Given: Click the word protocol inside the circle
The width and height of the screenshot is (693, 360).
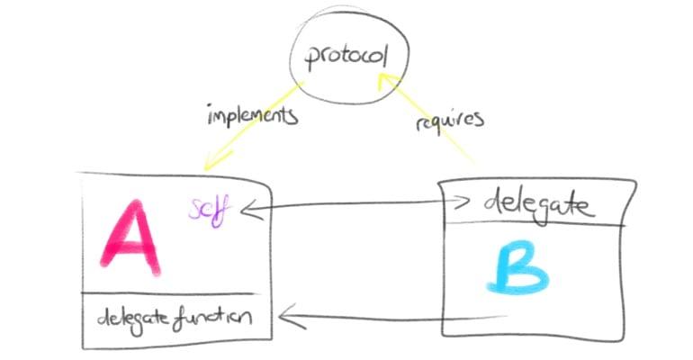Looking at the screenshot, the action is tap(346, 56).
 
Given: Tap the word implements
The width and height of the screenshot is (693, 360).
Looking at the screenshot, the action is tap(252, 115).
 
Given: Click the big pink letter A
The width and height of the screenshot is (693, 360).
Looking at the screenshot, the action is tap(130, 238).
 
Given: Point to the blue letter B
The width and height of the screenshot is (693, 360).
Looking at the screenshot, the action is tap(517, 267).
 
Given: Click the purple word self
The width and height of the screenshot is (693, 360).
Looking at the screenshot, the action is tap(209, 211).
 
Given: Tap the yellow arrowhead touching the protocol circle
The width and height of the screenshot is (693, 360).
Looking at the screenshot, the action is tap(387, 83).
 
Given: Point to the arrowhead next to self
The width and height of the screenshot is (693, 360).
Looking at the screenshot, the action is tap(252, 210).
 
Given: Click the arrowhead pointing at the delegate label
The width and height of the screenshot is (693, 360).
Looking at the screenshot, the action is tap(461, 202).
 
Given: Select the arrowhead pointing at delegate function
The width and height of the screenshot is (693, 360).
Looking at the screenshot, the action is tap(292, 316).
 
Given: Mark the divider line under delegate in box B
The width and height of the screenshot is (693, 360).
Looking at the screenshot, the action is tap(535, 224).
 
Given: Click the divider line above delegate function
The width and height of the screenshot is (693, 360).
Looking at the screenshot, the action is tap(168, 293).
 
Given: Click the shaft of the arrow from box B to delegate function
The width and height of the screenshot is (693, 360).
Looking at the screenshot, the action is tap(393, 317).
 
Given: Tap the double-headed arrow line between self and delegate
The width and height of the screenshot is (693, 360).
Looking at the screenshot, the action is tap(355, 205).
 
